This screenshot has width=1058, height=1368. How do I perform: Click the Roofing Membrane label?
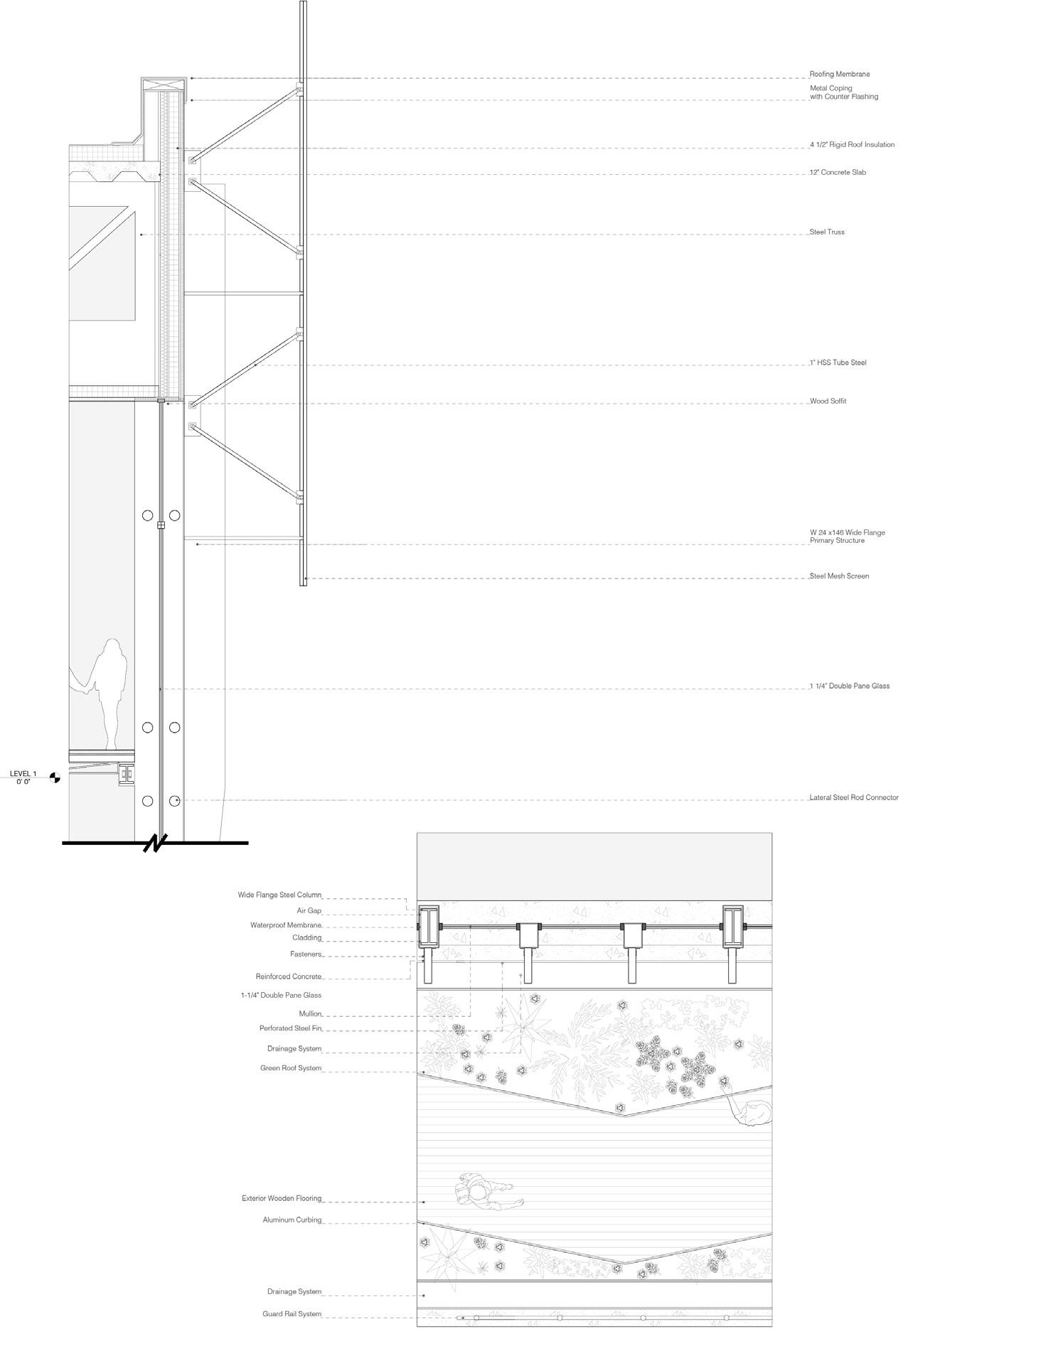tap(840, 74)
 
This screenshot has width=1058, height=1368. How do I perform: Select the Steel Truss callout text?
tap(828, 232)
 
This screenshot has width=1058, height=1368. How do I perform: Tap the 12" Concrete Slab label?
tap(838, 173)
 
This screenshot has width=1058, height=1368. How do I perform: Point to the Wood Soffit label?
tap(828, 402)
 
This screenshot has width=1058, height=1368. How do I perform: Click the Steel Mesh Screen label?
tap(840, 576)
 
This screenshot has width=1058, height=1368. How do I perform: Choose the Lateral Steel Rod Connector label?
tap(854, 798)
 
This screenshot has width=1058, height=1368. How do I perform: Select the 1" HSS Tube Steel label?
tap(838, 363)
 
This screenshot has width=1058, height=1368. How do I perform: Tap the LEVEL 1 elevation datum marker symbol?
tap(55, 778)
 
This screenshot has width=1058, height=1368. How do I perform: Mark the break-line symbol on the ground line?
tap(154, 844)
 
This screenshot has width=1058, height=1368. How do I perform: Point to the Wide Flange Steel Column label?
tap(279, 895)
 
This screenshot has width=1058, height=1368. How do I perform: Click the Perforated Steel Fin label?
tap(290, 1029)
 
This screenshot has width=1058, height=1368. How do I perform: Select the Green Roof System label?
tap(291, 1069)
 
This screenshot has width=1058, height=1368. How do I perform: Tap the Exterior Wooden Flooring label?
tap(282, 1199)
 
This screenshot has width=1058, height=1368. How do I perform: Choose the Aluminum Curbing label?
tap(292, 1220)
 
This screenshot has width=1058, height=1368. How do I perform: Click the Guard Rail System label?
tap(292, 1315)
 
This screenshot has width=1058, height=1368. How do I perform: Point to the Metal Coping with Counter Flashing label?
tap(844, 92)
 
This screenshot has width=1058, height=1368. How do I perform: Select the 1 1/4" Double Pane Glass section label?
tap(850, 686)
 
